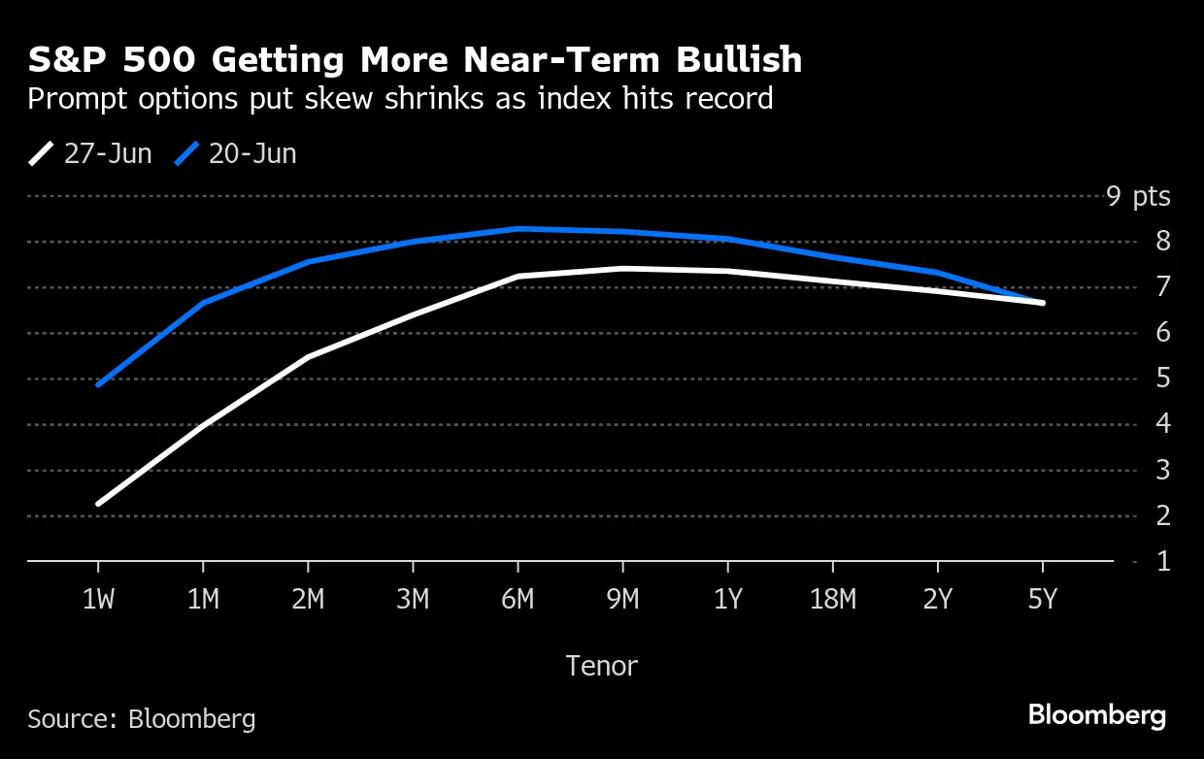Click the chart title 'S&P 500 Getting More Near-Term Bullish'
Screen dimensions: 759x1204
415,60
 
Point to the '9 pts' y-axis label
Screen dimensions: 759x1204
1138,196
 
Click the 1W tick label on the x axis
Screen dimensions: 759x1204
98,600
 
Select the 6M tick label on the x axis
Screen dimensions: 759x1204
518,600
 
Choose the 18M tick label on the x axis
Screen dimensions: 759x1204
832,600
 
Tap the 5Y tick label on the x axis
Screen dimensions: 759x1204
1042,600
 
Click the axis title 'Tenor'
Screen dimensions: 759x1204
601,666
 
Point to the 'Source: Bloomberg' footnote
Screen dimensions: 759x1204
142,718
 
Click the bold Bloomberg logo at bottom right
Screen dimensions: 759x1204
1097,716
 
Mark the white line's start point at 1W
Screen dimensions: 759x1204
98,504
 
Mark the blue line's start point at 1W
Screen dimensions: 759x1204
98,384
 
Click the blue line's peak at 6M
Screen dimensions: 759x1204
518,228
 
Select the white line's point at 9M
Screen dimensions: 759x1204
622,268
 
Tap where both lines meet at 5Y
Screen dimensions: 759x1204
1042,303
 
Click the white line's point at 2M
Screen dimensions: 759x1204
308,357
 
